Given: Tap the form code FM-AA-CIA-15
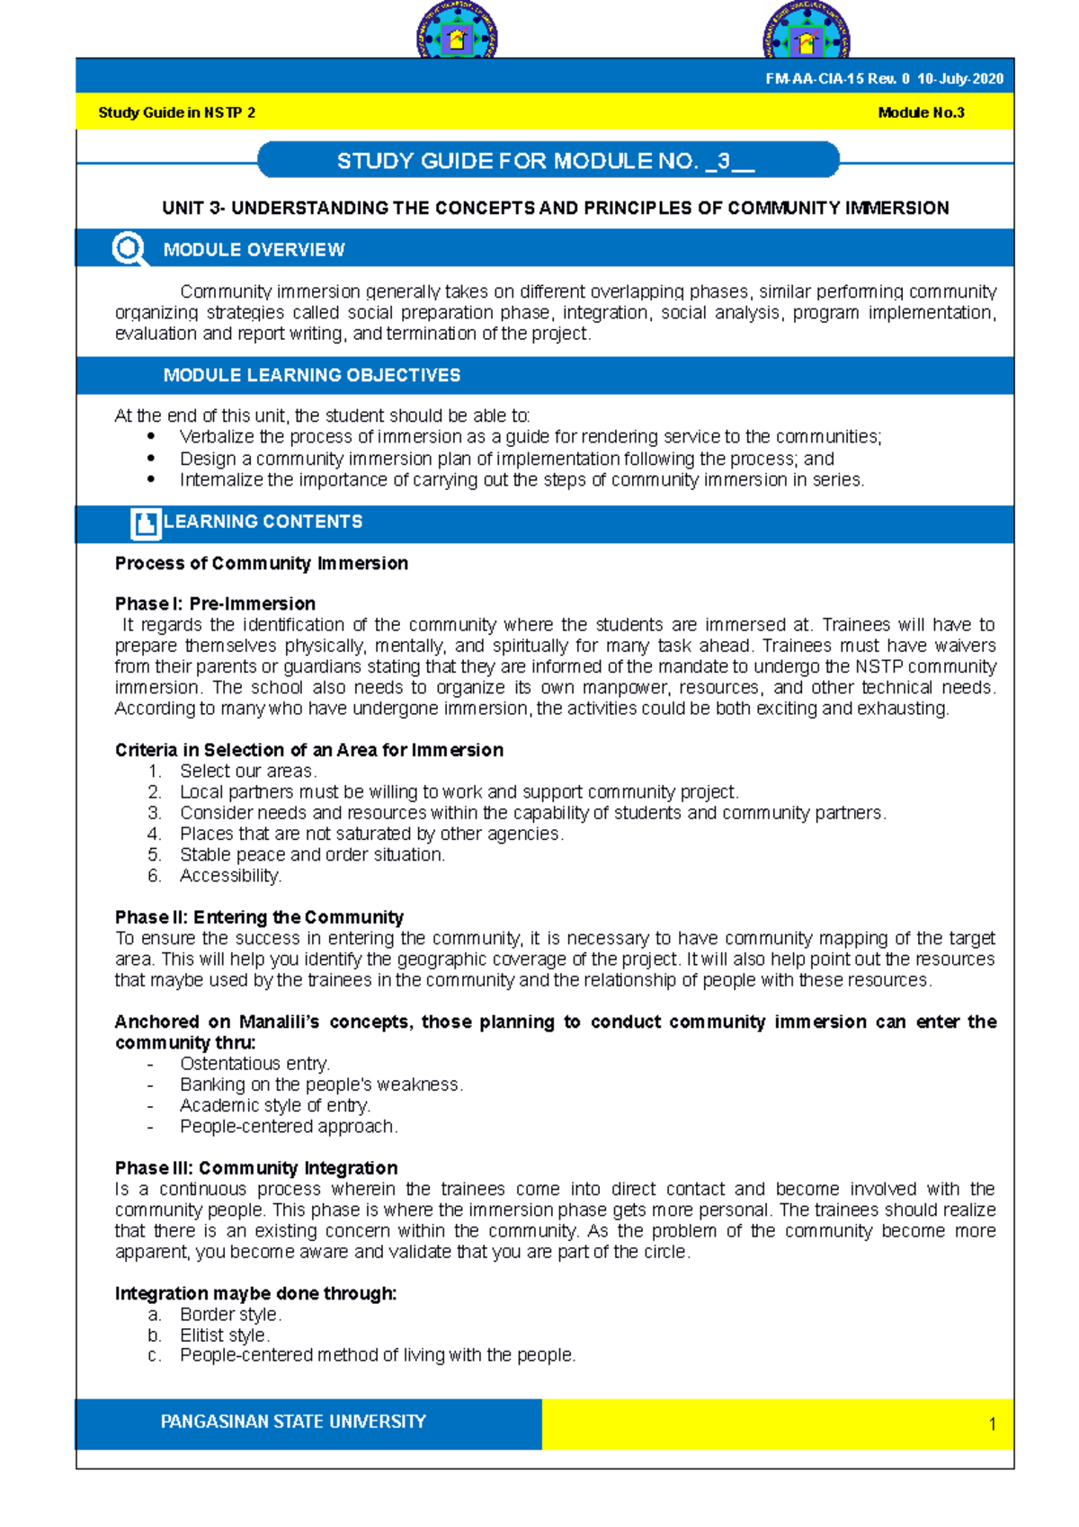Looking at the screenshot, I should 814,79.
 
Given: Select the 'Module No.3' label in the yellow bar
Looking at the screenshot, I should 921,113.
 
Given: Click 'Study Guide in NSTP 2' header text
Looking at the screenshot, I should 176,113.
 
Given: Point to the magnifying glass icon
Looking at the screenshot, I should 129,249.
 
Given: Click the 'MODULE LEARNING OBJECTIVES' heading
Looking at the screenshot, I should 311,375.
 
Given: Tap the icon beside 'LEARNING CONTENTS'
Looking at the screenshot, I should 146,523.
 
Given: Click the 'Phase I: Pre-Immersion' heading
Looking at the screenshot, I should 215,603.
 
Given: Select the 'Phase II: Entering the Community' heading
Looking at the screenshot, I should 259,917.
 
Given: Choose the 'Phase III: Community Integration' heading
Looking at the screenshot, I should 256,1168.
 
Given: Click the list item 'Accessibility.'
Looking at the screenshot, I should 230,876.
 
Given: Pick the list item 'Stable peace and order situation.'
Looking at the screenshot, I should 312,855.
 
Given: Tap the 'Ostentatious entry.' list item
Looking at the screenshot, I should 254,1064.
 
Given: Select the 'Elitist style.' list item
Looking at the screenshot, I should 225,1335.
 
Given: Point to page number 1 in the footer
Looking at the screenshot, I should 992,1424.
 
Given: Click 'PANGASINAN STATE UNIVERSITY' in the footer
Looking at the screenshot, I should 293,1422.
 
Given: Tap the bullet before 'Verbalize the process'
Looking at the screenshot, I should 151,437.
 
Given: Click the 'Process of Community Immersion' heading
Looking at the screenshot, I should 262,564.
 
